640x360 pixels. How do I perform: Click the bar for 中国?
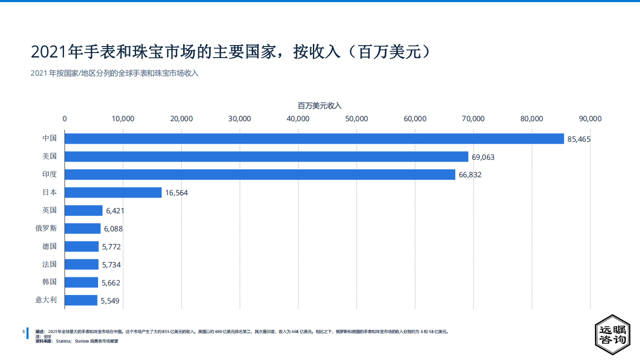(x=314, y=139)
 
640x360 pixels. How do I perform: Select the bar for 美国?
(x=266, y=157)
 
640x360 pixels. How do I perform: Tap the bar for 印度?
(x=260, y=175)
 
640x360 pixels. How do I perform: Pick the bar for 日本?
(x=113, y=193)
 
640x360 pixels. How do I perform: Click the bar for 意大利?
(x=81, y=300)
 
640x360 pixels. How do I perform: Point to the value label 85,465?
(x=579, y=139)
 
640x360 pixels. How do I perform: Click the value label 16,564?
(x=176, y=193)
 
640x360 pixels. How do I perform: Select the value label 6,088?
(x=113, y=229)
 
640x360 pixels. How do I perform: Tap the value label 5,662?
(x=111, y=283)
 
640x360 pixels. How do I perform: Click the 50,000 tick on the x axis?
(x=357, y=119)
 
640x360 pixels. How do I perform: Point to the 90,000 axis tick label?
(x=590, y=119)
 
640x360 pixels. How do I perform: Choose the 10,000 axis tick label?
(x=123, y=119)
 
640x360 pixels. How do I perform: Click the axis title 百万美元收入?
(x=319, y=106)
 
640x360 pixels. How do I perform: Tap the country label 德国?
(x=50, y=246)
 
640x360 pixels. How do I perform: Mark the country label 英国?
(x=50, y=210)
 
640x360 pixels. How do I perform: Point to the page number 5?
(x=24, y=331)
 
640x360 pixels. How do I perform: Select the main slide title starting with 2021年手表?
(x=231, y=52)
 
